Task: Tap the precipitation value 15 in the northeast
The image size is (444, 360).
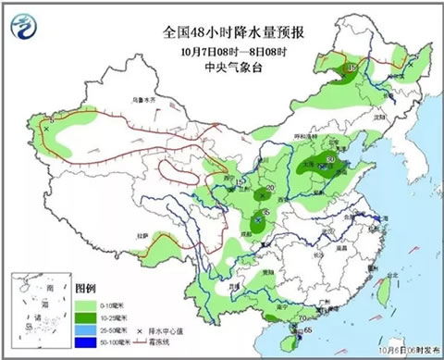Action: pos(351,68)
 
